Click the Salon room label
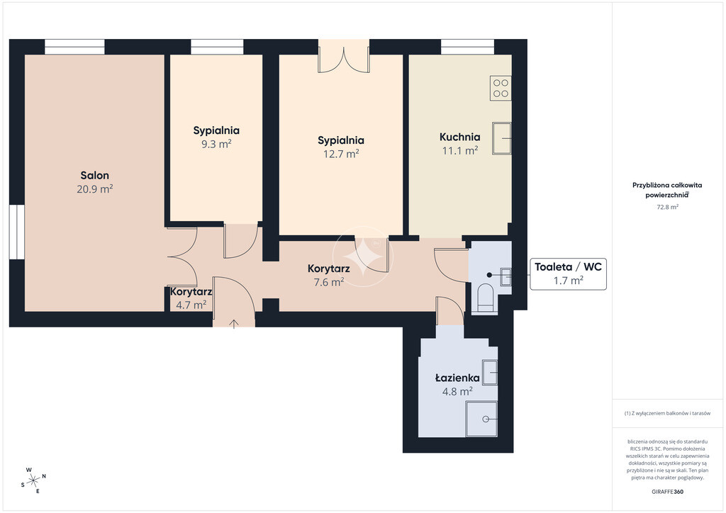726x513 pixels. (x=95, y=175)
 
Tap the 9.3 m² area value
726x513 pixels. (x=216, y=144)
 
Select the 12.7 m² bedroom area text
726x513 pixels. (x=341, y=154)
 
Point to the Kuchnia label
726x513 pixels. (x=459, y=137)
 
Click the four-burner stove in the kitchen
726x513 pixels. (x=501, y=89)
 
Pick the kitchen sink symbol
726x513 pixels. (x=501, y=138)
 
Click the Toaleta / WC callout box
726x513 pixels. (x=568, y=274)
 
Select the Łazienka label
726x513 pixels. (x=457, y=378)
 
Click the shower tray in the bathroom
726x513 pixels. (x=481, y=419)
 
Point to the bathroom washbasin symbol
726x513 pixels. (x=490, y=372)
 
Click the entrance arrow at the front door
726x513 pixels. (x=234, y=323)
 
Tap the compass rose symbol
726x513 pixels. (x=33, y=480)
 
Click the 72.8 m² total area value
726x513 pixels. (x=667, y=207)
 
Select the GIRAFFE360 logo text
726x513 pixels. (x=667, y=492)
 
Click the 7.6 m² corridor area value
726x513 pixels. (x=329, y=282)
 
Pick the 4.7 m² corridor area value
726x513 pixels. (x=191, y=305)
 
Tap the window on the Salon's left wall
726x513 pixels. (x=17, y=231)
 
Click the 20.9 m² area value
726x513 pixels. (x=95, y=188)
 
